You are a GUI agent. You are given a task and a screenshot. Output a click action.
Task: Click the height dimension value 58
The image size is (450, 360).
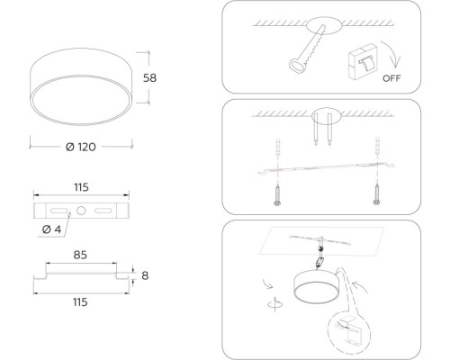pyautogui.click(x=149, y=78)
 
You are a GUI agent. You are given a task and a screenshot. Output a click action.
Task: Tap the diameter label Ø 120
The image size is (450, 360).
pyautogui.click(x=81, y=147)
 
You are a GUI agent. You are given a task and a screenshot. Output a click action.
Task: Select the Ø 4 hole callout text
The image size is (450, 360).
pyautogui.click(x=51, y=229)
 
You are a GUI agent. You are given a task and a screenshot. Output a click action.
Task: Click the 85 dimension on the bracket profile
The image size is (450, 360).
pyautogui.click(x=80, y=255)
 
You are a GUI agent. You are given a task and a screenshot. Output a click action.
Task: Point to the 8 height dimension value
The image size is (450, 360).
pyautogui.click(x=145, y=275)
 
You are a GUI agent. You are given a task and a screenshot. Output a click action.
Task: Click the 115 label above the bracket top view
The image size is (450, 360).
pyautogui.click(x=81, y=187)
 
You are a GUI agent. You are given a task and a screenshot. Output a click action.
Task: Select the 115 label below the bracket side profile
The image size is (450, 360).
pyautogui.click(x=80, y=302)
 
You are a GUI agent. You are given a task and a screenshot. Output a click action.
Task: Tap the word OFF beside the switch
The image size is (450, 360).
pyautogui.click(x=391, y=78)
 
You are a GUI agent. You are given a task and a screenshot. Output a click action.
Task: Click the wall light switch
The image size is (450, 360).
pyautogui.click(x=363, y=62)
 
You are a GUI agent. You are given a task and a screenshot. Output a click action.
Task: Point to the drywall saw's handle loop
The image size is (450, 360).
pyautogui.click(x=297, y=65)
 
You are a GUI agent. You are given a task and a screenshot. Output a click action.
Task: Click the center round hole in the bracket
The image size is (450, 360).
pyautogui.click(x=81, y=211)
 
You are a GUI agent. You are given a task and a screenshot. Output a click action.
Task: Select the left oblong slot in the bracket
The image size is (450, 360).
pyautogui.click(x=58, y=211)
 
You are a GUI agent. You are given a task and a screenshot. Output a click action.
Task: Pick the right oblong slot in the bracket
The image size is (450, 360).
pyautogui.click(x=103, y=211)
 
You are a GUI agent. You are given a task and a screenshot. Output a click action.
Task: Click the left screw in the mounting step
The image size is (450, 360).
pyautogui.click(x=277, y=195)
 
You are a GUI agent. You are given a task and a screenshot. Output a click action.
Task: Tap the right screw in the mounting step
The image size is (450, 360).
pyautogui.click(x=377, y=195)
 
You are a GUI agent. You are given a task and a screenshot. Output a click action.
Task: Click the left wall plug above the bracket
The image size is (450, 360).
pyautogui.click(x=278, y=147)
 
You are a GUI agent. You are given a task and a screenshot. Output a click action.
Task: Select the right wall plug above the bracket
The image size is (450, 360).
pyautogui.click(x=377, y=147)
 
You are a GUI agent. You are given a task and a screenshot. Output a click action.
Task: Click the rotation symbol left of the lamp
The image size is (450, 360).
pyautogui.click(x=275, y=304)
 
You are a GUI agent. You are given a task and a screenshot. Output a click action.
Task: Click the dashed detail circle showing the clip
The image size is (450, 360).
pyautogui.click(x=349, y=333)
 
